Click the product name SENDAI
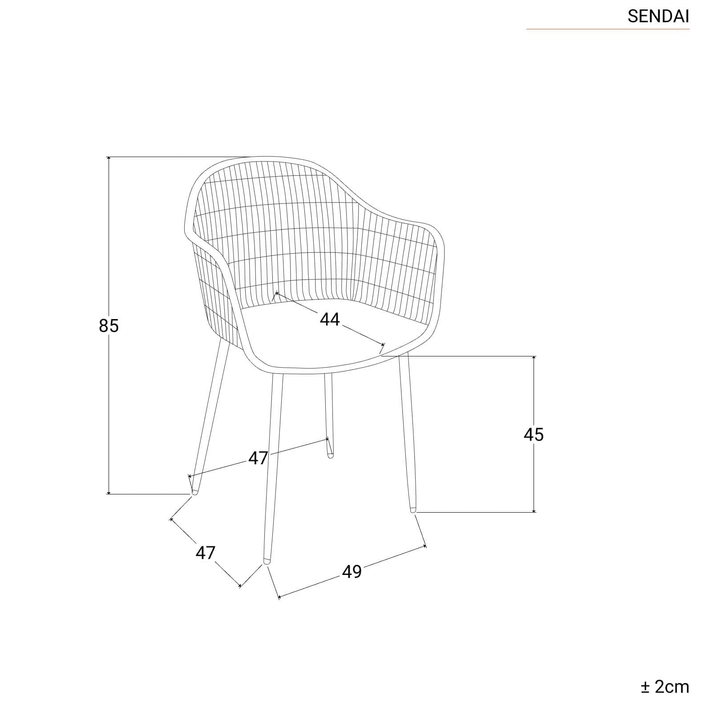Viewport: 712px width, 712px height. coord(658,16)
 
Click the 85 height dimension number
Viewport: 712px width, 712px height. coord(109,326)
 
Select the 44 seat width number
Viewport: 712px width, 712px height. coord(330,319)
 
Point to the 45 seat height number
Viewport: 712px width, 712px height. coord(534,434)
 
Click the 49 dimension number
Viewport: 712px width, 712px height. coord(352,571)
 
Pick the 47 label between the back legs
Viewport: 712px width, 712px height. coord(258,458)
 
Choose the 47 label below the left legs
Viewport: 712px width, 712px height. coord(205,553)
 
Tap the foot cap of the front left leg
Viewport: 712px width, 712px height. coord(267,561)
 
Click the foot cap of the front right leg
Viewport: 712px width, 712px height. coord(413,510)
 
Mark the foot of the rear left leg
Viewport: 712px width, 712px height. coord(194,491)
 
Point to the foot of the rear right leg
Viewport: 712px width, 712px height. coord(330,455)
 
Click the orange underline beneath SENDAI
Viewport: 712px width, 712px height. coord(608,29)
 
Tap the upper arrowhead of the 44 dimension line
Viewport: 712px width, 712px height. coord(277,294)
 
